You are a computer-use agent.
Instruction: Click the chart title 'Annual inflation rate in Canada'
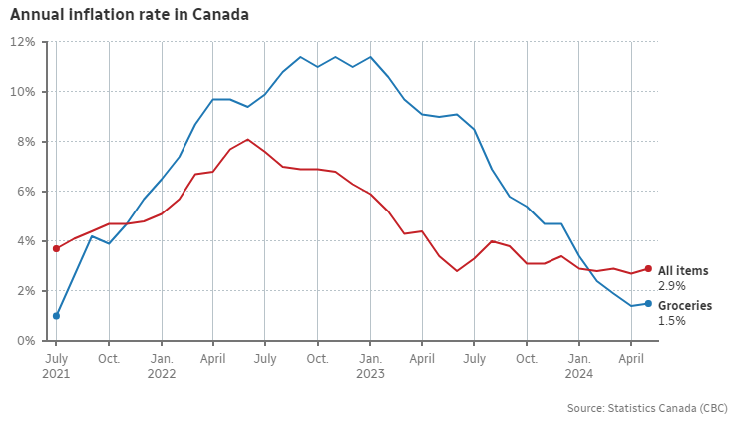pos(129,15)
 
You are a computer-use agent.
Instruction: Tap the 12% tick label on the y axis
pos(23,42)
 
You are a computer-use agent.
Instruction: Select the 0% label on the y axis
pos(26,341)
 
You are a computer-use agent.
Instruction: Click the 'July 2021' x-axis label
pos(56,365)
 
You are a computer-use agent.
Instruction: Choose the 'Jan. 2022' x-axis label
pos(161,365)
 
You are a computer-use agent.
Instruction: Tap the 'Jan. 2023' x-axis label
pos(370,365)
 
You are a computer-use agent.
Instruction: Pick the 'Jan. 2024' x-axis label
pos(579,365)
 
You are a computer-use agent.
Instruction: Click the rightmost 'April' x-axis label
pos(631,356)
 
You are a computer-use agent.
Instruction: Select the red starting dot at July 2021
pos(56,248)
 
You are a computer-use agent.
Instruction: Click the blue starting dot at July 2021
pos(56,316)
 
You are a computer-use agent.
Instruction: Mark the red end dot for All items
pos(648,268)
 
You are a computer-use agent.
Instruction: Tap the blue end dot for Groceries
pos(648,303)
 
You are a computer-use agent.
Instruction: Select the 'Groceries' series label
pos(684,306)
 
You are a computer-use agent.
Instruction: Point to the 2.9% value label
pos(671,285)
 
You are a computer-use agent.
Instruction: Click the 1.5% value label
pos(671,322)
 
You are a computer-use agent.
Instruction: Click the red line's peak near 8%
pos(247,139)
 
